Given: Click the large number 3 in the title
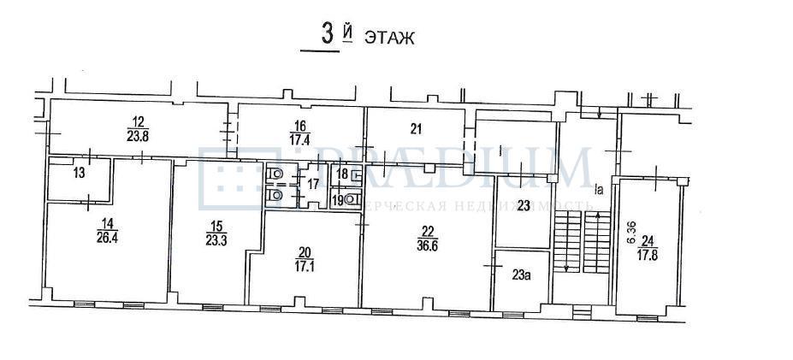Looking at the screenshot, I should click(326, 35).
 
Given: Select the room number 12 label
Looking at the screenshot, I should click(138, 121).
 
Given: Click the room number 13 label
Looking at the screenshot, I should click(79, 174).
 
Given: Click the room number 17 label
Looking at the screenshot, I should click(314, 184).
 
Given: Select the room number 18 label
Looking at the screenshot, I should click(340, 175).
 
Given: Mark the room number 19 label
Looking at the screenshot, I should click(339, 201).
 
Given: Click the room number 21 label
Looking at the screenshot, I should click(417, 129).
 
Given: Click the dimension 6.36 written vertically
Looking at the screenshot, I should click(631, 233).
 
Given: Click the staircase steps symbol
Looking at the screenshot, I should click(580, 243).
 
